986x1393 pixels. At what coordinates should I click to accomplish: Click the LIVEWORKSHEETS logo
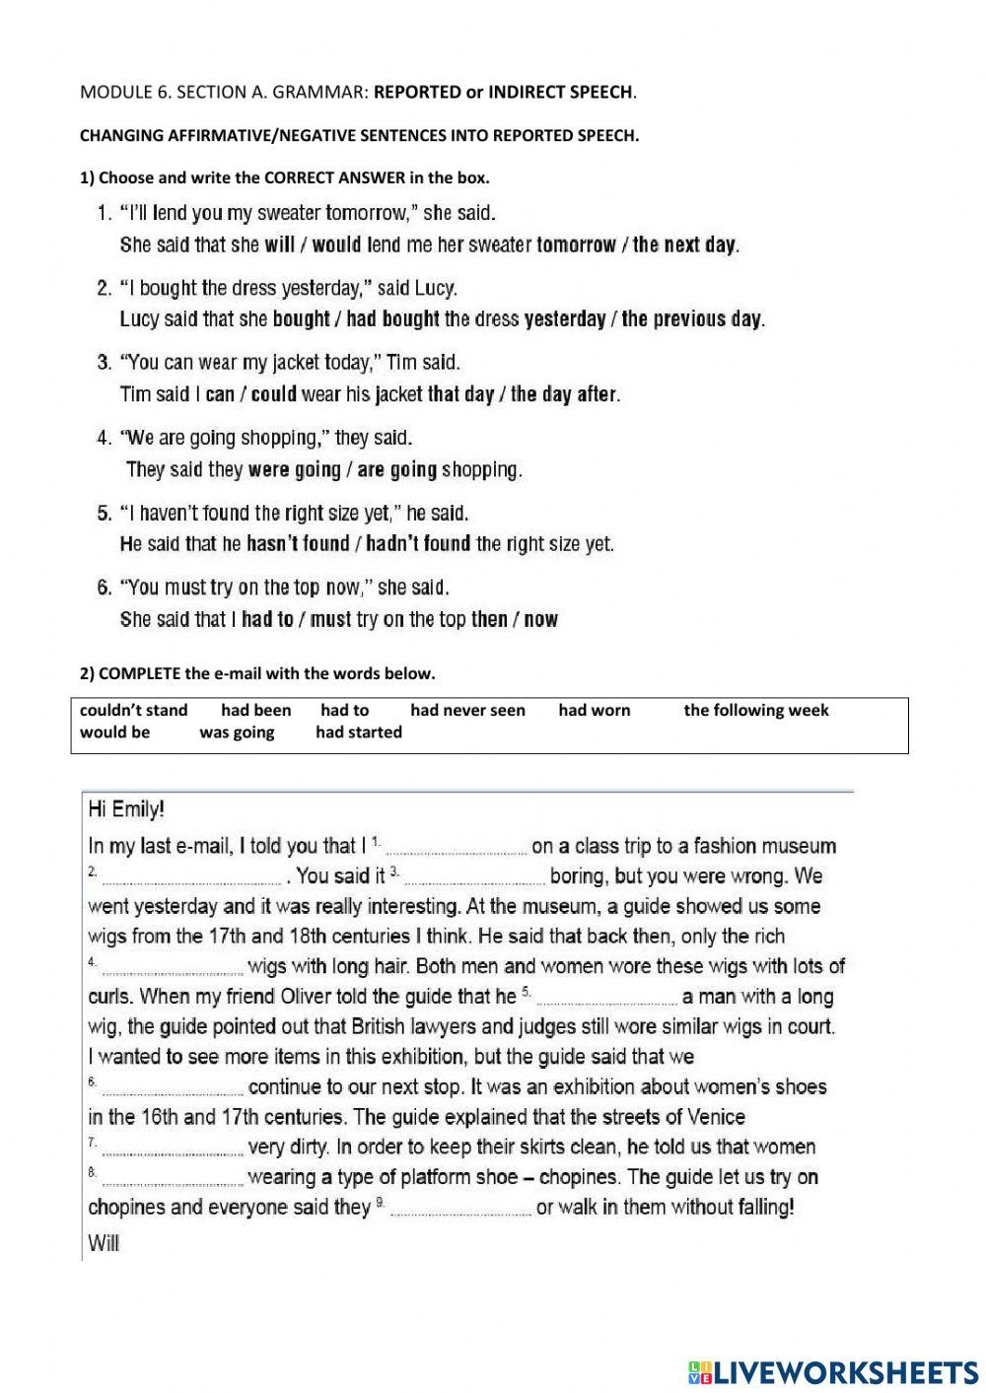coord(833,1371)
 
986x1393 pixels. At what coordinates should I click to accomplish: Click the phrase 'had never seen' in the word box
coord(467,710)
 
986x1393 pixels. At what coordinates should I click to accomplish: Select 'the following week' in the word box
coord(755,710)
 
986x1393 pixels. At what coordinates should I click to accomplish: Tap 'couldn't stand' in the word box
coord(133,710)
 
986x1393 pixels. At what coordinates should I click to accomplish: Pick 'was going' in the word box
coord(237,732)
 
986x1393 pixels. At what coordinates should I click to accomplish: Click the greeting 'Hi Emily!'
coord(126,810)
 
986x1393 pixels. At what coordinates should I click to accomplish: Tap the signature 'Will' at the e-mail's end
coord(104,1243)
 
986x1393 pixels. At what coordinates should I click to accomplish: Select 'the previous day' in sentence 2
coord(692,318)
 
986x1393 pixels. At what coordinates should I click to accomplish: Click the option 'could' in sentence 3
coord(273,394)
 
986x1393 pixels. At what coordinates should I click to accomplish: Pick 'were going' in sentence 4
coord(294,469)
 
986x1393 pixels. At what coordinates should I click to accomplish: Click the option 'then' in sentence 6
coord(489,619)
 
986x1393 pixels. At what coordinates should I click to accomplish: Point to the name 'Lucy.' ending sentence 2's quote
coord(436,288)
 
